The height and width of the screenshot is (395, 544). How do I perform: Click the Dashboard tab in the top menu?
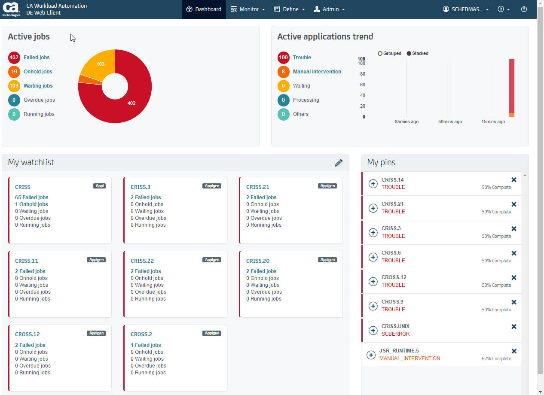point(204,9)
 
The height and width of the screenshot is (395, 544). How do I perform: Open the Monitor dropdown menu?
point(248,9)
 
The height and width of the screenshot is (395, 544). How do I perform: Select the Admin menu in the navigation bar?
point(329,9)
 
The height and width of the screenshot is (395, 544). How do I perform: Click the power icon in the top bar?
point(524,9)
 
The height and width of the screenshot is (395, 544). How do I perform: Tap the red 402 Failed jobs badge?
point(14,58)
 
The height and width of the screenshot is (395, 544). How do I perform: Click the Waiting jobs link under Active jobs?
point(38,86)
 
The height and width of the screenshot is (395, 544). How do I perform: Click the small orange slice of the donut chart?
point(84,79)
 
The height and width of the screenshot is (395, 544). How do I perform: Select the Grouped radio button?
point(380,54)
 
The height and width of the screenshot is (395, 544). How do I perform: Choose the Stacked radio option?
point(409,54)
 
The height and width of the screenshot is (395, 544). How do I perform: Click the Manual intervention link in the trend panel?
point(317,72)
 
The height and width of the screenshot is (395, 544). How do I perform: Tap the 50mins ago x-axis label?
point(450,122)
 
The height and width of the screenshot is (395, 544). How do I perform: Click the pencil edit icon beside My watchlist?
point(339,163)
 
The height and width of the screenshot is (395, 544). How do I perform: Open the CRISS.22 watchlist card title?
point(142,261)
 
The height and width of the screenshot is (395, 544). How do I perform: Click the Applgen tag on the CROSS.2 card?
point(212,333)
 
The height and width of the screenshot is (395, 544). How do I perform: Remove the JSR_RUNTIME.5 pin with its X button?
point(513,351)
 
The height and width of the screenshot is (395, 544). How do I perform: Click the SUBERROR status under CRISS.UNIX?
point(395,334)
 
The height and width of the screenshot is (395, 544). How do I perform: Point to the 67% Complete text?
point(496,359)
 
